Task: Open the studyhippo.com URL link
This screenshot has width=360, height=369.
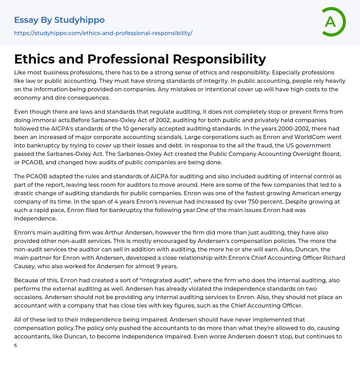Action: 103,33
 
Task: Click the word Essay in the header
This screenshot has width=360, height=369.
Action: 26,20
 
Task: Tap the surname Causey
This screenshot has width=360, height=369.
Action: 25,266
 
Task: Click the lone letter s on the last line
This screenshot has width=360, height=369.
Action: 16,345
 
